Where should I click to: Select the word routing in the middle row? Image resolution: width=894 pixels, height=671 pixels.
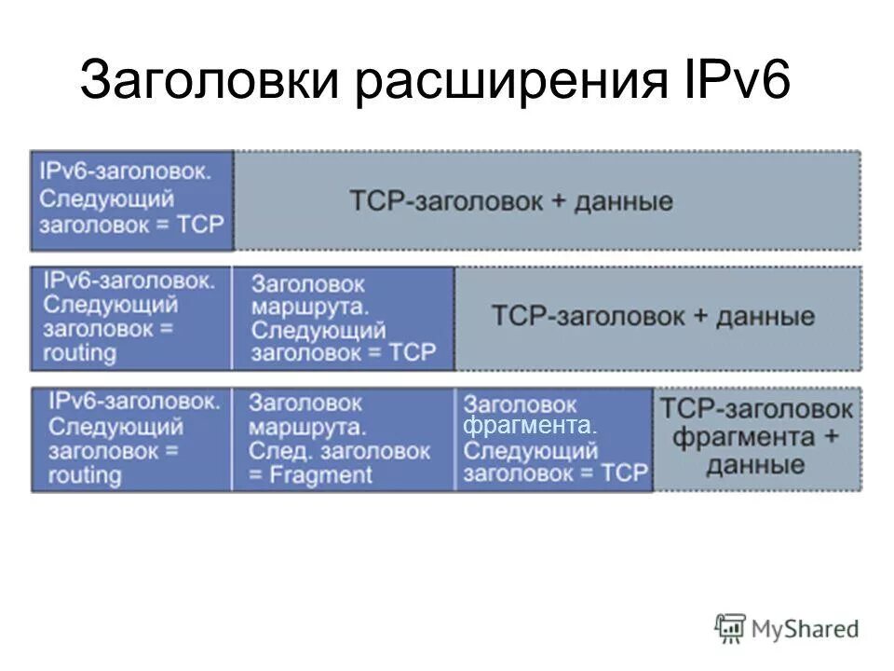(x=80, y=353)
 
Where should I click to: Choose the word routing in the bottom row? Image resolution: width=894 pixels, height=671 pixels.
(x=85, y=475)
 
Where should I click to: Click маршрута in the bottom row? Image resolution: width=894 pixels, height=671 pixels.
(x=306, y=428)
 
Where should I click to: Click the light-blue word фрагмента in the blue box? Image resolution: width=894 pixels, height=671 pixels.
(x=529, y=427)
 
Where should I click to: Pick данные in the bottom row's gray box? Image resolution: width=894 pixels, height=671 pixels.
(x=755, y=464)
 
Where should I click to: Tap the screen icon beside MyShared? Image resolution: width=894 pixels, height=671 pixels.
(x=731, y=626)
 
